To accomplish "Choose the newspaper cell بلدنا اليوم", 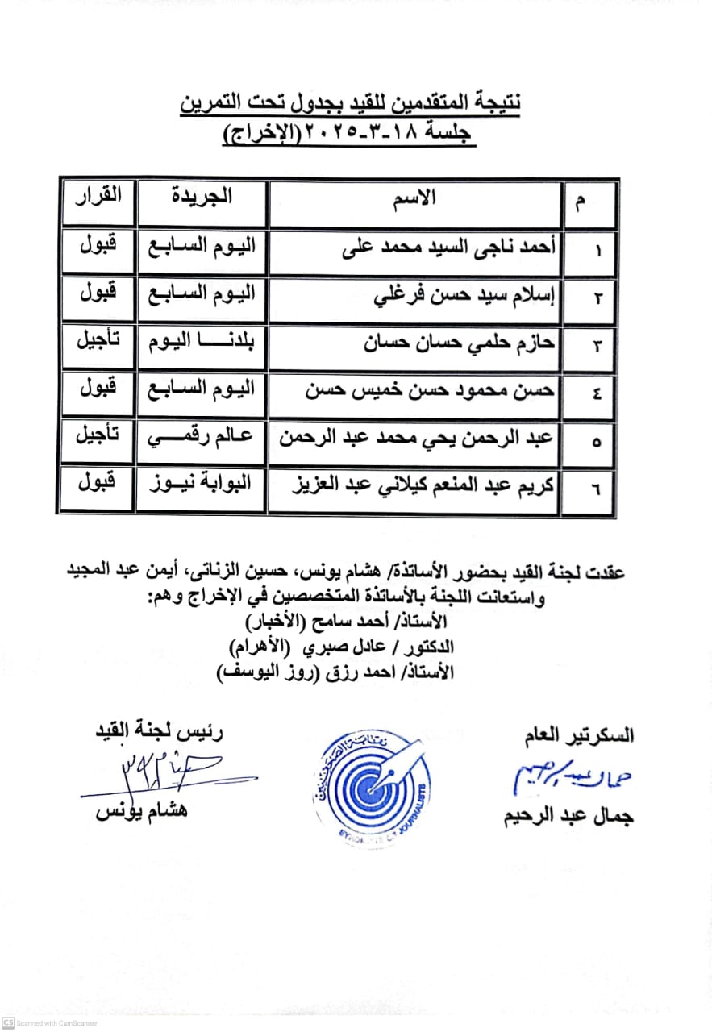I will tap(203, 342).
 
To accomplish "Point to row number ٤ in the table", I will tap(596, 394).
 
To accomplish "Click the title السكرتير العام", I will tap(577, 735).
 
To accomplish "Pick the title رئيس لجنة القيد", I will tap(160, 733).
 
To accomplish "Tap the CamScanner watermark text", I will tap(56, 1022).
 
